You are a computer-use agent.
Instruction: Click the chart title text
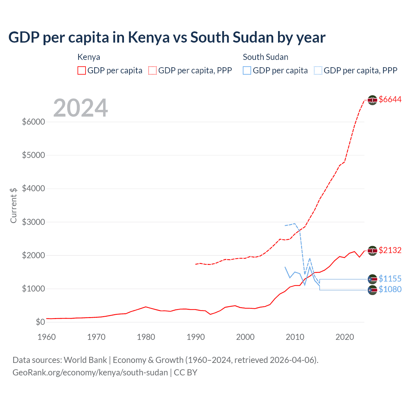(x=167, y=37)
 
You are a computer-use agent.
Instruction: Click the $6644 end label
(x=390, y=100)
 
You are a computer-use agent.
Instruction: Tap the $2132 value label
(x=390, y=250)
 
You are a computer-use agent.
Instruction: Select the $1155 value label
(x=390, y=279)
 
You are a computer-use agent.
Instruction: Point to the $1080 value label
(x=390, y=290)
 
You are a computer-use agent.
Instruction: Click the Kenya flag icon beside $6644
(x=372, y=100)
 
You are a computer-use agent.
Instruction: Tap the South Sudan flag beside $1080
(x=372, y=290)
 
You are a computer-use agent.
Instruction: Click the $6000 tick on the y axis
(x=33, y=122)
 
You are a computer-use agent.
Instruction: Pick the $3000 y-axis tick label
(x=33, y=222)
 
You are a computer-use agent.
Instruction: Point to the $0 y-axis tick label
(x=40, y=322)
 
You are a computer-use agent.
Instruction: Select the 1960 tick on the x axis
(x=47, y=337)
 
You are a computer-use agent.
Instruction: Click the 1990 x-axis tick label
(x=196, y=337)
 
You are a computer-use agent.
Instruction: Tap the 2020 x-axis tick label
(x=345, y=337)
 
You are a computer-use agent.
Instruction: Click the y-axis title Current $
(x=13, y=205)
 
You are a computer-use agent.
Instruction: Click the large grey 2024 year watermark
(x=80, y=108)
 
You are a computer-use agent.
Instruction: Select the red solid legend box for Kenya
(x=82, y=70)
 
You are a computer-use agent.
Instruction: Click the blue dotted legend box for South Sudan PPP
(x=318, y=70)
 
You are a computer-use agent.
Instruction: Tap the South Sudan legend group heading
(x=266, y=57)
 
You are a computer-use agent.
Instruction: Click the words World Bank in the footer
(x=85, y=360)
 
